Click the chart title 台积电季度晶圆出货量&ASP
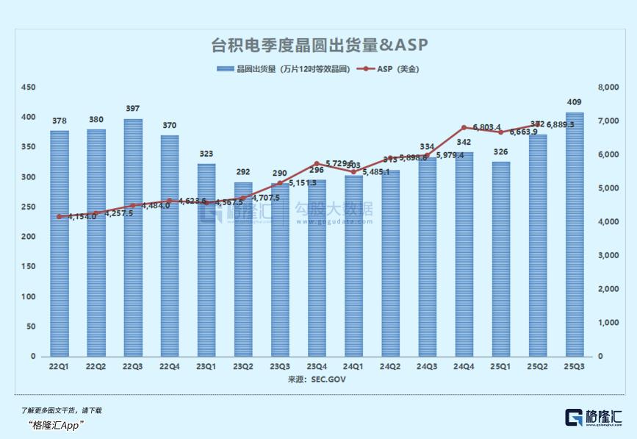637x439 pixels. click(x=319, y=46)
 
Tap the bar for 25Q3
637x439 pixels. click(x=575, y=235)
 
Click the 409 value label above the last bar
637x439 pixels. click(x=575, y=102)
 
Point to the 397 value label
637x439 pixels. click(x=133, y=109)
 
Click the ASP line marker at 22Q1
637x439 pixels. click(x=60, y=216)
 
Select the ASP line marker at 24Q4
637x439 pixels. click(x=464, y=128)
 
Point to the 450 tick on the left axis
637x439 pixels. click(x=28, y=88)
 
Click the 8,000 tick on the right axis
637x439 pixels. click(x=609, y=88)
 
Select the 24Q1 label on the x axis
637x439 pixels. click(x=353, y=365)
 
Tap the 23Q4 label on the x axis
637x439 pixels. click(x=317, y=365)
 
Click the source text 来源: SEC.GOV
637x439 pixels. click(x=317, y=379)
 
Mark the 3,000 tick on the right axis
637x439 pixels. click(x=609, y=255)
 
